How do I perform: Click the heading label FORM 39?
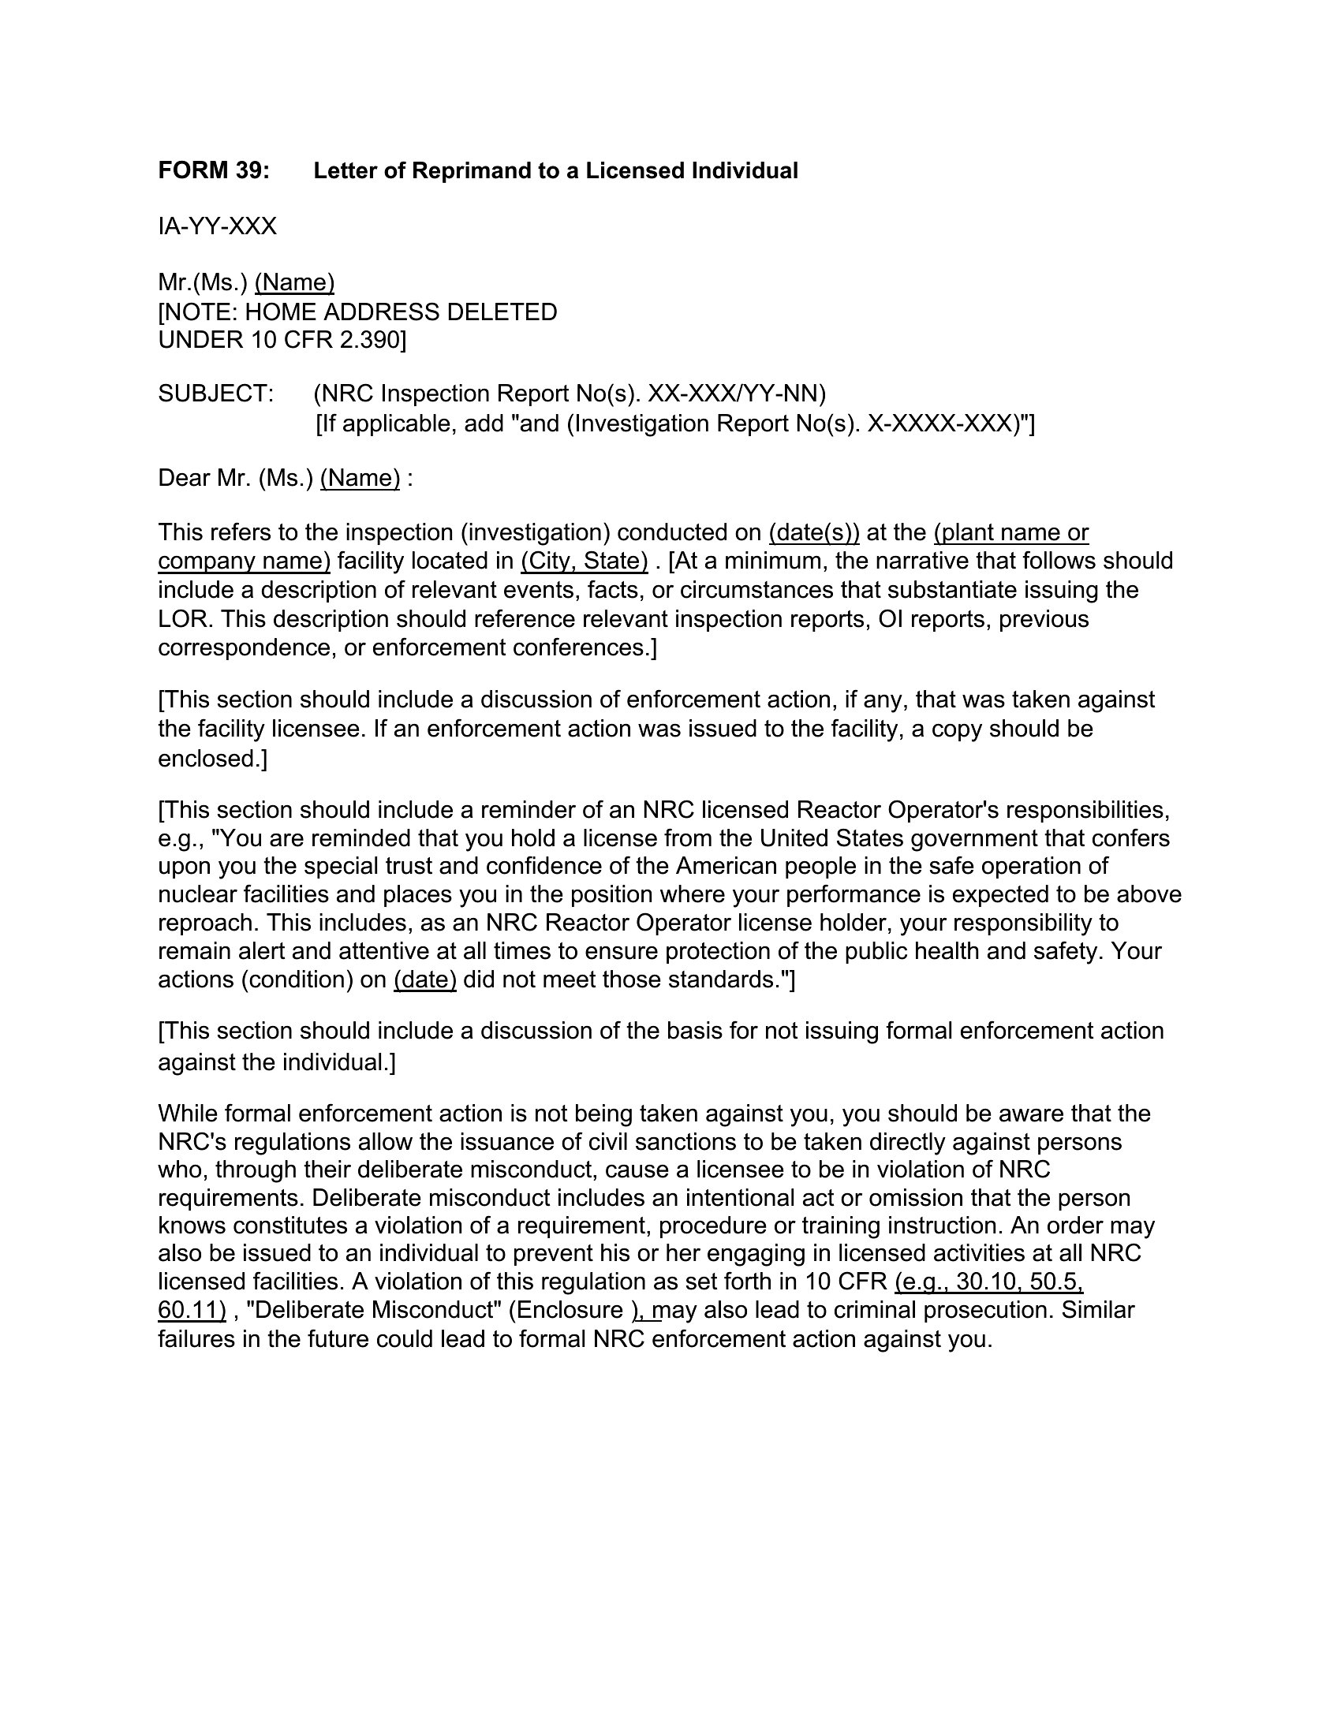[214, 171]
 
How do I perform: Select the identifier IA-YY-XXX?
[217, 227]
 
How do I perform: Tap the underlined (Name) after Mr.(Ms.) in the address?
[294, 283]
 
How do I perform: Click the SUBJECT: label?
[215, 394]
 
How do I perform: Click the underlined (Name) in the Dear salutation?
[360, 478]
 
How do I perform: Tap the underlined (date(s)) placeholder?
[814, 532]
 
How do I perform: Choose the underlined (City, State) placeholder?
[585, 562]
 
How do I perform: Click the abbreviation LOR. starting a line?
[185, 619]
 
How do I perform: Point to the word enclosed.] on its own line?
[212, 759]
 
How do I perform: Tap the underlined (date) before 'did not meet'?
[425, 980]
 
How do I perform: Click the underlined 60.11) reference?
[192, 1310]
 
